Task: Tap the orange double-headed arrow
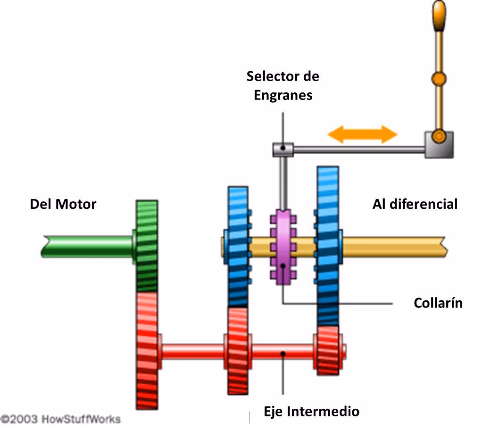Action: pyautogui.click(x=362, y=134)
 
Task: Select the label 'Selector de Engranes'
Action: pyautogui.click(x=283, y=85)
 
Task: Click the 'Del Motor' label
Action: pyautogui.click(x=63, y=204)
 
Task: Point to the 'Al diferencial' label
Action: pyautogui.click(x=415, y=204)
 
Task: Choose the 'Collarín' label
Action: pyautogui.click(x=438, y=303)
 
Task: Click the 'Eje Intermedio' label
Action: pyautogui.click(x=311, y=411)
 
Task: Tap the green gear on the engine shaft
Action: pyautogui.click(x=147, y=246)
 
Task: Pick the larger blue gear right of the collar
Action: pyautogui.click(x=328, y=245)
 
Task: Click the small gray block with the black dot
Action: pyautogui.click(x=283, y=149)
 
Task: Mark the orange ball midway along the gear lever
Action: pyautogui.click(x=439, y=78)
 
